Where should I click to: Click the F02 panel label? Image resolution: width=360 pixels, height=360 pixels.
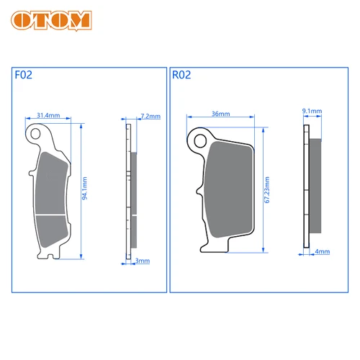point(23,74)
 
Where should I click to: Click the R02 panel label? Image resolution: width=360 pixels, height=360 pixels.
point(181,74)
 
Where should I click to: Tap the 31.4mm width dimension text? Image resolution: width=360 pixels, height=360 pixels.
point(48,115)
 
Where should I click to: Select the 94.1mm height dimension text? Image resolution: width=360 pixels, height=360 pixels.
point(85,192)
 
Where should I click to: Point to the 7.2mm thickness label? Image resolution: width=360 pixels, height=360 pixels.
point(145,115)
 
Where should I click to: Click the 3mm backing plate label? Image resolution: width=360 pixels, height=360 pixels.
point(143,261)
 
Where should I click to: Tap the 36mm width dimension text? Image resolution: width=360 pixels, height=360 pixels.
point(220,114)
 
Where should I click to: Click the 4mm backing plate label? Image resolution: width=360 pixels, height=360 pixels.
point(322,251)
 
